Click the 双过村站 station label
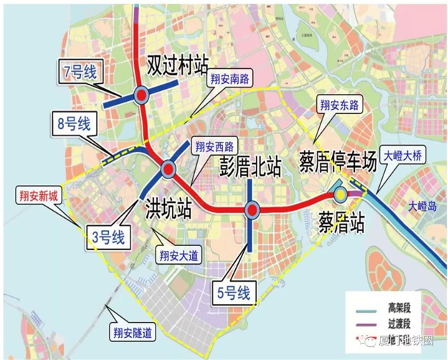176,62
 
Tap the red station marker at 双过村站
141,94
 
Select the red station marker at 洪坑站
168,169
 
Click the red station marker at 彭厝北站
251,209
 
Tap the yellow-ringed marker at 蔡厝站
338,192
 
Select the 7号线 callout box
80,71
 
